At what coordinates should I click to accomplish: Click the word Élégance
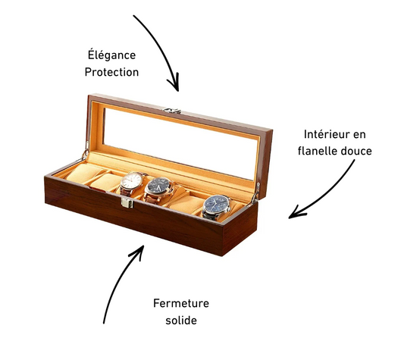tap(111, 55)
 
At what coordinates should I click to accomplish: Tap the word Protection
tap(111, 72)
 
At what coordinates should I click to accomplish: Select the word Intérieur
tap(327, 134)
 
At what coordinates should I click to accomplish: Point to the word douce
tap(356, 151)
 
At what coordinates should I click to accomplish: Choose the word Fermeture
tap(181, 303)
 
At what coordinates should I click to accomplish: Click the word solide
tap(181, 321)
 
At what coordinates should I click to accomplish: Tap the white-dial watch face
tap(132, 181)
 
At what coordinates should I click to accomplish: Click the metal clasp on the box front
tap(127, 203)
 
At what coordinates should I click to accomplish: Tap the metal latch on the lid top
tap(172, 111)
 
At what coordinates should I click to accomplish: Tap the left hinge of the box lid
tap(86, 152)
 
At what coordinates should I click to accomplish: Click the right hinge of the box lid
tap(256, 191)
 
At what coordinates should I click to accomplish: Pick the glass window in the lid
tap(180, 143)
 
